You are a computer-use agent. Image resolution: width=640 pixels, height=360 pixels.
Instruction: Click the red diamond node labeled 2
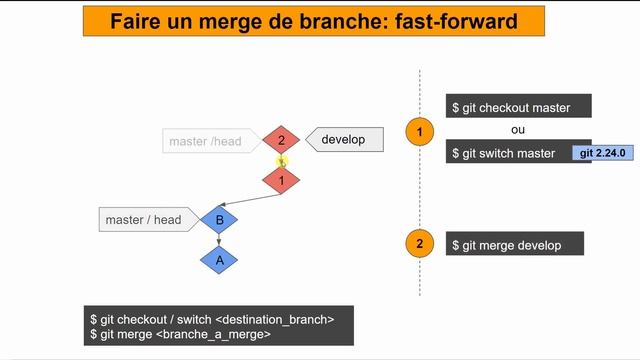coord(282,141)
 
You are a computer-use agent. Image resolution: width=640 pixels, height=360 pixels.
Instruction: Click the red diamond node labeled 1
coord(282,180)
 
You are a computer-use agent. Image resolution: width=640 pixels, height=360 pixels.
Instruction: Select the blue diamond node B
coord(219,219)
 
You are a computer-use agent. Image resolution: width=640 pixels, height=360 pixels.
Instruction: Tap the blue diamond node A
coord(219,260)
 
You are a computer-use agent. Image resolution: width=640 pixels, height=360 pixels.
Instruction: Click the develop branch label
coord(343,140)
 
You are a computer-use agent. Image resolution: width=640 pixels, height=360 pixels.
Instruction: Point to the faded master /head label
coord(207,141)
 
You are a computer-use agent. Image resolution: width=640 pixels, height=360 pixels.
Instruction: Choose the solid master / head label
coord(146,219)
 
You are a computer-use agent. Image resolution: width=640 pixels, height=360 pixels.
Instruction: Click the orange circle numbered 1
coord(420,131)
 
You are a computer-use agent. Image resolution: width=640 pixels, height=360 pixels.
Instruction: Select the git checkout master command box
coord(519,107)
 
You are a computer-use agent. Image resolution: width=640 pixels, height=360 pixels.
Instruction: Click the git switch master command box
coord(508,153)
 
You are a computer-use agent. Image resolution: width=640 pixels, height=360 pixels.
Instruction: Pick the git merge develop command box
coord(514,245)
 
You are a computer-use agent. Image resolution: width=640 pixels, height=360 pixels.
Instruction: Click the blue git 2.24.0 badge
coord(603,153)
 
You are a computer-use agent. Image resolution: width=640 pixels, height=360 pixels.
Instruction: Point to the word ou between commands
coord(517,130)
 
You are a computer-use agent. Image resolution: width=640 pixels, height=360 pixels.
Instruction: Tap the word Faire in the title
coord(137,21)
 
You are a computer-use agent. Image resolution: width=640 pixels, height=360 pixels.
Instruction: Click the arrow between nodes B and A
coord(219,240)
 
